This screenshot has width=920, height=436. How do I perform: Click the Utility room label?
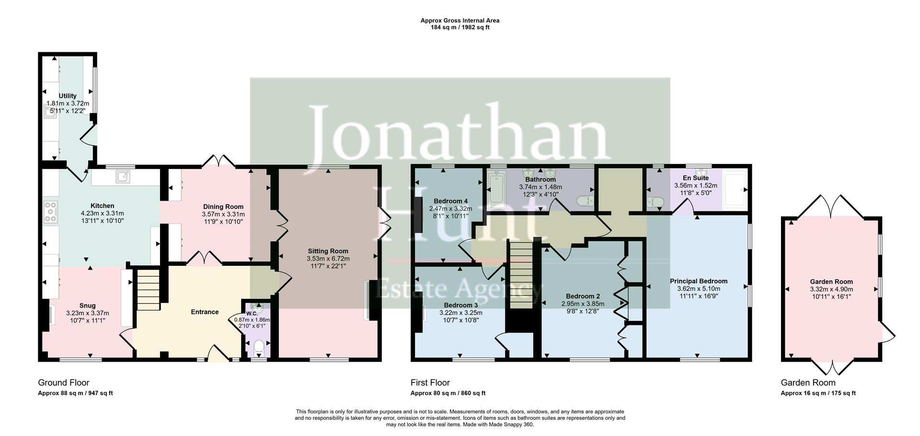(68, 96)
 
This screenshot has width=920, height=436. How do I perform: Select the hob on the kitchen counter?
(50, 212)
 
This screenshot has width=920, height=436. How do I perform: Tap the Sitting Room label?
(328, 251)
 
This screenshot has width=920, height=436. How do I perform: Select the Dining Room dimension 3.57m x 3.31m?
(223, 214)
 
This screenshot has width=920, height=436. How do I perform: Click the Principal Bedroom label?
(699, 281)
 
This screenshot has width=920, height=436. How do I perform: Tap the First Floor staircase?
(521, 275)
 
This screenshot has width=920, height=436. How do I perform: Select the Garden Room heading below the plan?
(808, 382)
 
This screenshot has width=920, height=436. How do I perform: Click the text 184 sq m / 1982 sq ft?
(460, 27)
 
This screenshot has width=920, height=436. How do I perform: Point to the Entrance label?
(205, 312)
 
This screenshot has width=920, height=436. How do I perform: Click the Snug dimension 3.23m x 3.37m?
(87, 313)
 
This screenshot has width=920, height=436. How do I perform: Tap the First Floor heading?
(430, 382)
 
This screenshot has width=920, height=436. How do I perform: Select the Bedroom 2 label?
(583, 296)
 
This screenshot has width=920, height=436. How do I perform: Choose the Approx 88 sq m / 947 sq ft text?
(75, 393)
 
